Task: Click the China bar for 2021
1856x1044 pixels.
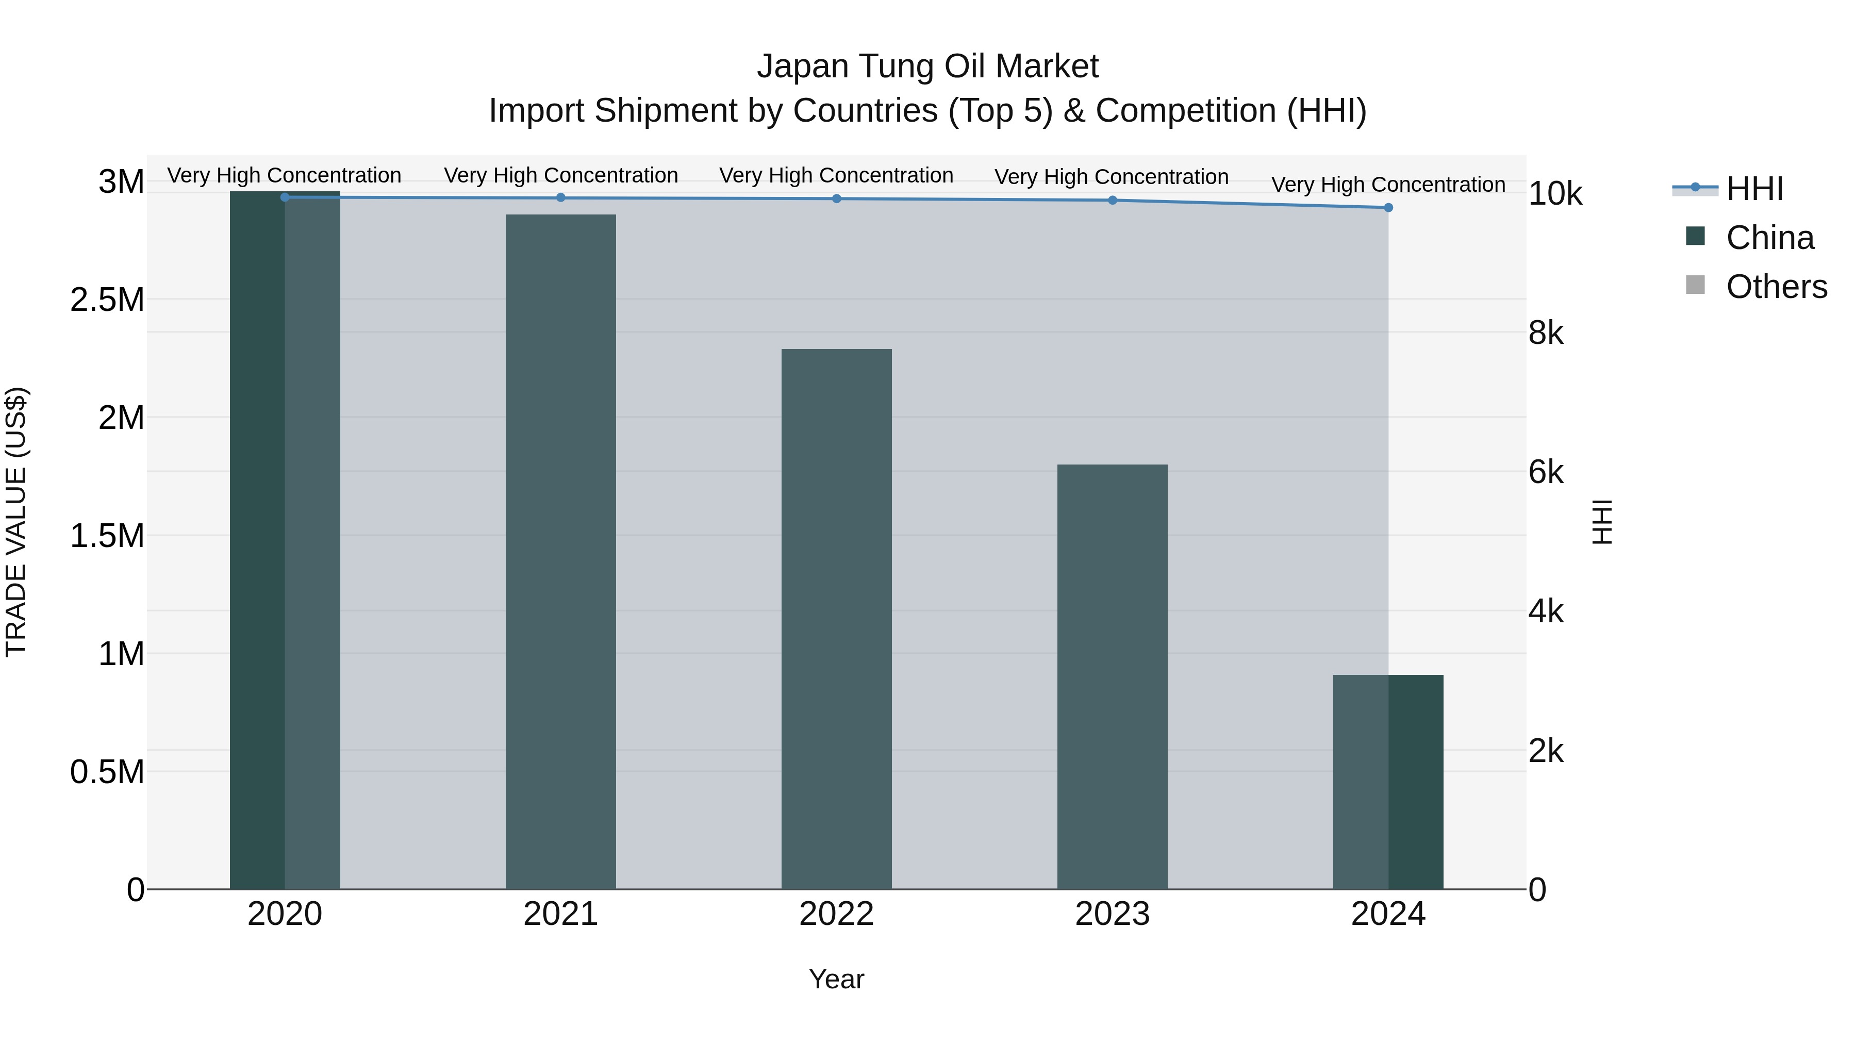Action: point(560,551)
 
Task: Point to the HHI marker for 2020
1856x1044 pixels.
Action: point(285,197)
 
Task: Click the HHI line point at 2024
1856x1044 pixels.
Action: point(1388,207)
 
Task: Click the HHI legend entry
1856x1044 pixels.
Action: point(1754,189)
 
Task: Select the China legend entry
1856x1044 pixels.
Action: point(1769,238)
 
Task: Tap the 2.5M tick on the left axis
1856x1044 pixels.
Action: point(107,300)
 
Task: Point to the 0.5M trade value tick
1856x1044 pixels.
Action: point(107,772)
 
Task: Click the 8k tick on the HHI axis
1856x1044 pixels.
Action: point(1546,334)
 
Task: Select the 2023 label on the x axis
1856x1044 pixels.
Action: point(1113,914)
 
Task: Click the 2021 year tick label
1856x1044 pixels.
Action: point(560,914)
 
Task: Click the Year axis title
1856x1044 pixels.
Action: point(837,979)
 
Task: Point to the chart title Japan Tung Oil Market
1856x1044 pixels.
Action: point(927,67)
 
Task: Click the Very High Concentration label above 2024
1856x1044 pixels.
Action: point(1388,185)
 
